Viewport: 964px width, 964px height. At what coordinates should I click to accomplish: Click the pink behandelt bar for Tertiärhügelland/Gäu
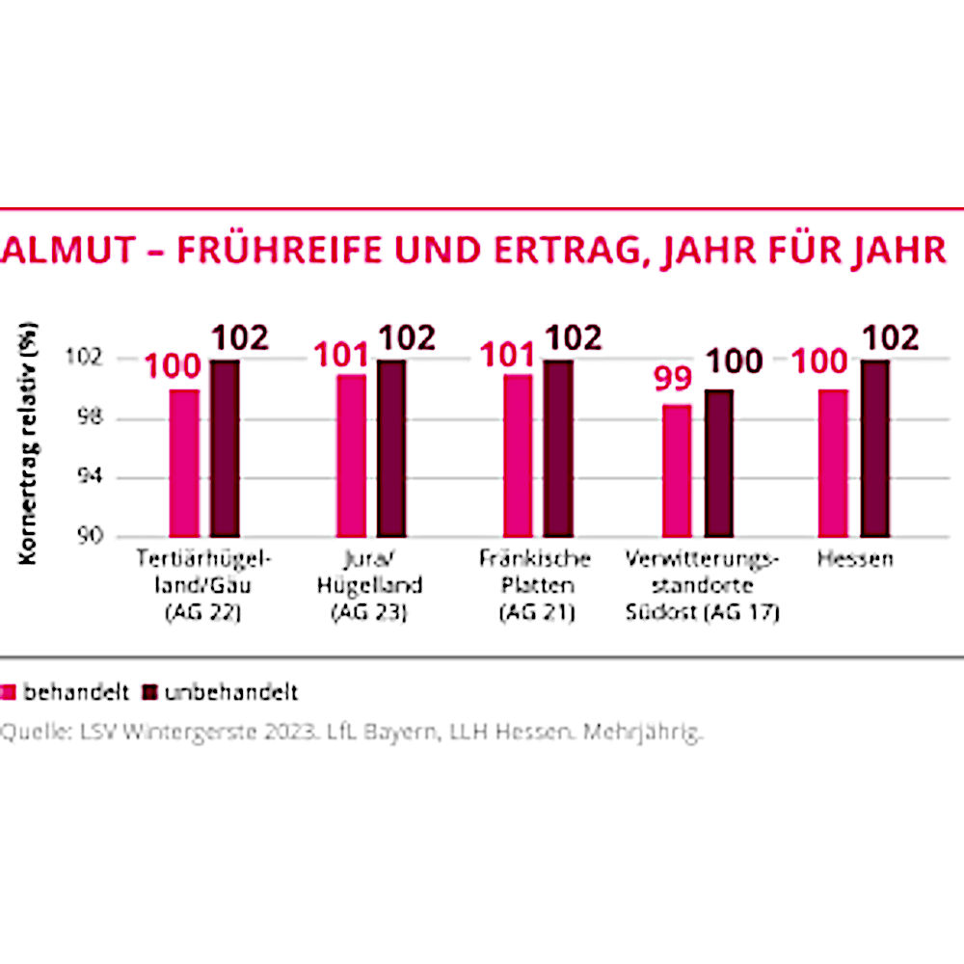coord(184,463)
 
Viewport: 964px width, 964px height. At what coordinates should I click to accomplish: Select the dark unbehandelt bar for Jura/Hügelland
coord(391,448)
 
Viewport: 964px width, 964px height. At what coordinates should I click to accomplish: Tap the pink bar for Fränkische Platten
coord(518,455)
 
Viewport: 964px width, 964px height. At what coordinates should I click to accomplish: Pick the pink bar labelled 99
coord(677,470)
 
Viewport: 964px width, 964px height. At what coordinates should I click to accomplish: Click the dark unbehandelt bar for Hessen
coord(874,448)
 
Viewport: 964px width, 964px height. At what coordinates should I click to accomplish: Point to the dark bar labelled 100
coord(718,463)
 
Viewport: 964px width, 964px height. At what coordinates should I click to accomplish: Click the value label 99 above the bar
coord(673,380)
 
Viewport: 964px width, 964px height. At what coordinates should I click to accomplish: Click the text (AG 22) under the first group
coord(203,613)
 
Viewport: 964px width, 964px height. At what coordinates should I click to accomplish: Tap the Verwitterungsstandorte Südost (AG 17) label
coord(701,585)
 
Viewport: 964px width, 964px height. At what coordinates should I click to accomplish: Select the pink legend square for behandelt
coord(9,692)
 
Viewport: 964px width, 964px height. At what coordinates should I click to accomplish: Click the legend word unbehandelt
coord(230,692)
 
